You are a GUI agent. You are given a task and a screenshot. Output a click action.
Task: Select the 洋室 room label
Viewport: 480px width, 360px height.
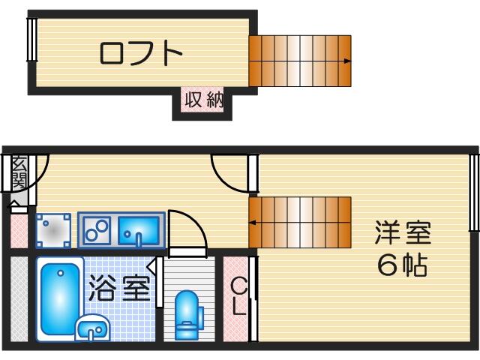tap(403, 233)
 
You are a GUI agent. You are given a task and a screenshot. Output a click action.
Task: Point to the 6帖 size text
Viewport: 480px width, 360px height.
tap(403, 265)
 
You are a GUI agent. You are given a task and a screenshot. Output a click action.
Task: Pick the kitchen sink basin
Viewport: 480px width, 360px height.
tap(139, 229)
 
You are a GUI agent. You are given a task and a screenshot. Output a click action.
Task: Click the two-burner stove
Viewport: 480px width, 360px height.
tap(97, 229)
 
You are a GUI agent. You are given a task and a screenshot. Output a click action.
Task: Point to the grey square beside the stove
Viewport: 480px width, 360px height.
tap(55, 230)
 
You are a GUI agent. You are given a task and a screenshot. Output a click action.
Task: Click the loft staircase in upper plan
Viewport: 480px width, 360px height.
tap(300, 61)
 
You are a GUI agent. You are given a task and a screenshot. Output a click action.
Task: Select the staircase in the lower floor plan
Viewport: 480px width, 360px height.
tap(300, 222)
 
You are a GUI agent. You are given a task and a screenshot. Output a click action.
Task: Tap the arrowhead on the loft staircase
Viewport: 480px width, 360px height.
tap(347, 61)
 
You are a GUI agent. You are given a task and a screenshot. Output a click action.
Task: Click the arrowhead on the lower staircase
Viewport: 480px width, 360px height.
tap(253, 222)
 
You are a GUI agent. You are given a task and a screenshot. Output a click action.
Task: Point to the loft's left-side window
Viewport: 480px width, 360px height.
tap(32, 40)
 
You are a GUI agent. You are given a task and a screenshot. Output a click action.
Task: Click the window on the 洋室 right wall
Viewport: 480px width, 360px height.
tap(474, 193)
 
